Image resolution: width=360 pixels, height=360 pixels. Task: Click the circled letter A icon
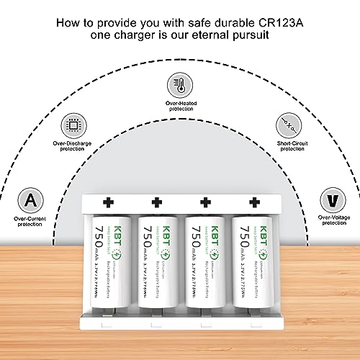tap(29, 197)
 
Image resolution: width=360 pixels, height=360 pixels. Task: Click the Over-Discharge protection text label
tap(72, 146)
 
